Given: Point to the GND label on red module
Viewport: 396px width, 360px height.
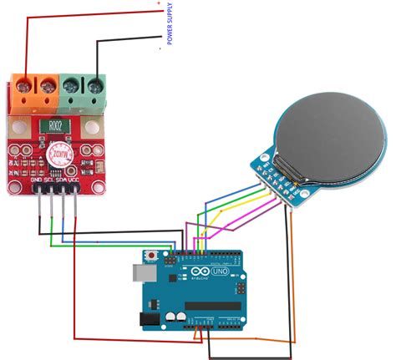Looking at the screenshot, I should (x=37, y=178).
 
